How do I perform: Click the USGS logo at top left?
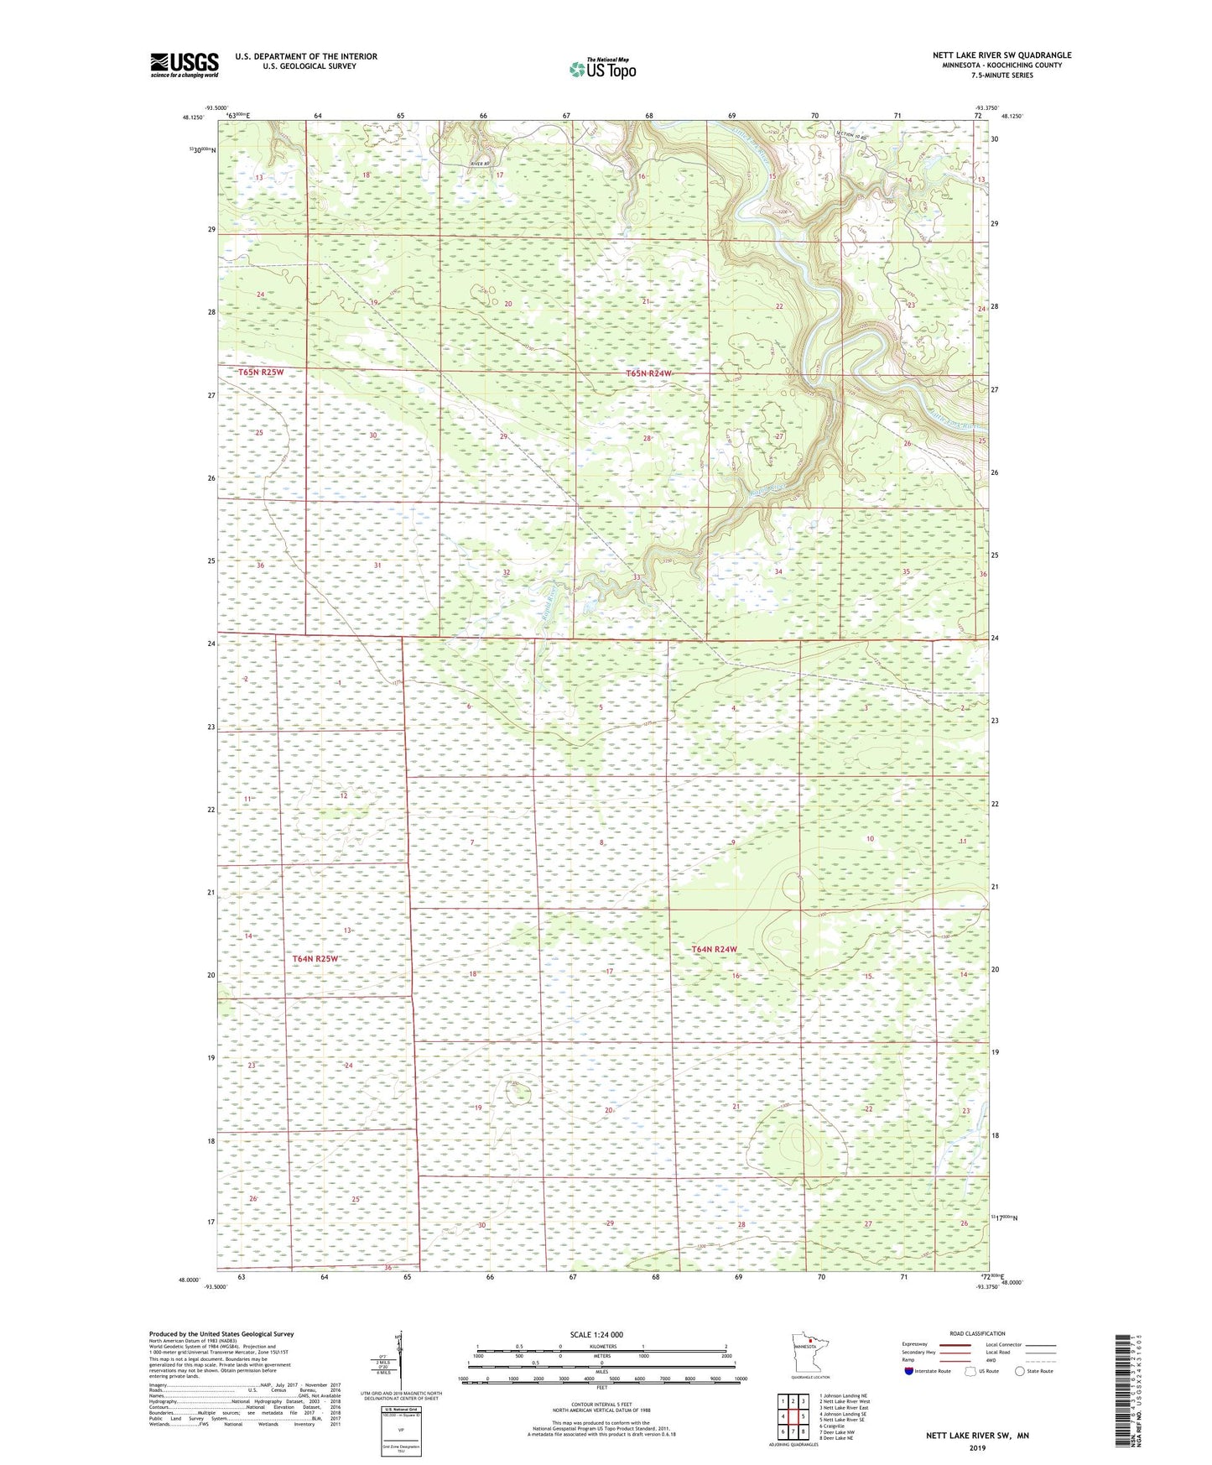click(184, 64)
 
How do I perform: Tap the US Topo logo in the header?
click(602, 69)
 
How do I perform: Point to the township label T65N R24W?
click(649, 373)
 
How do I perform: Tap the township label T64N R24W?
click(714, 949)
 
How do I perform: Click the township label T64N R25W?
click(316, 958)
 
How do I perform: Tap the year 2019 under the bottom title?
click(977, 1448)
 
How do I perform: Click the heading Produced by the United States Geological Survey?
click(221, 1334)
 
